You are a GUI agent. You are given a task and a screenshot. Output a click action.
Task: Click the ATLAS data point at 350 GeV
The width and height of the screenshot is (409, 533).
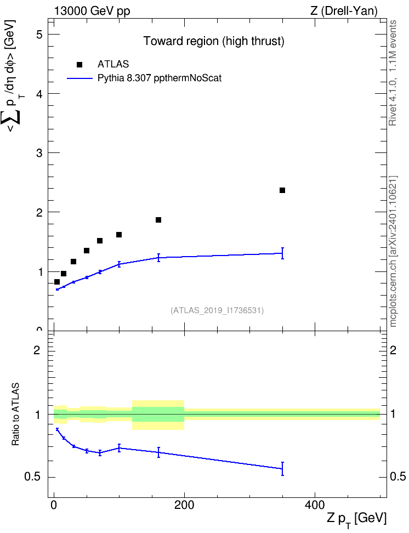[282, 190]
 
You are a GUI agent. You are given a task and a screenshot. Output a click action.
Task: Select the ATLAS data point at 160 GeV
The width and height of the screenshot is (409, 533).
[158, 220]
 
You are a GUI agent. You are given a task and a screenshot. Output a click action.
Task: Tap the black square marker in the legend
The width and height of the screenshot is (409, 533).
[79, 65]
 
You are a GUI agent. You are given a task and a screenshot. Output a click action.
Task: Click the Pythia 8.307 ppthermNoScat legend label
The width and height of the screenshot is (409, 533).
[160, 78]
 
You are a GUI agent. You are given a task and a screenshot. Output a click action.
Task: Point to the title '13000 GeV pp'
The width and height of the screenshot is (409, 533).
[92, 11]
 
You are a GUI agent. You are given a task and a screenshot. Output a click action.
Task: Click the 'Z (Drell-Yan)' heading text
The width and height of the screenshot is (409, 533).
[344, 11]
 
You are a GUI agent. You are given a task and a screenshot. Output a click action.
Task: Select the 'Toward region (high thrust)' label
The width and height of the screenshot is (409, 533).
[214, 41]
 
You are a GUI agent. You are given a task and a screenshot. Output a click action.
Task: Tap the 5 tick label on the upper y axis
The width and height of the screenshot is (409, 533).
[40, 35]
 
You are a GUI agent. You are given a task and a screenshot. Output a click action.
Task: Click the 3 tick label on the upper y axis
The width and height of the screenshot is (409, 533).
[40, 153]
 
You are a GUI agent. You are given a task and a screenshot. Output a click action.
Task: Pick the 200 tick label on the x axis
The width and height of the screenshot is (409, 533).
[184, 505]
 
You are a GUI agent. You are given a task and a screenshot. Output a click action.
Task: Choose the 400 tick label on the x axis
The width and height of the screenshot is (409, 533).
[315, 505]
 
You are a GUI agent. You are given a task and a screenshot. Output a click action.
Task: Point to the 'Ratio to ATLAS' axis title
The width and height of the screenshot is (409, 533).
[15, 415]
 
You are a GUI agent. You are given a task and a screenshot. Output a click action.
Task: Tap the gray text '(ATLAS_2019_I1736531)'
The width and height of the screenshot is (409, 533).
[217, 310]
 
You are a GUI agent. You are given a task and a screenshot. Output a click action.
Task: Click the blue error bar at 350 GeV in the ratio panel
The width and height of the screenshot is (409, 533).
[282, 469]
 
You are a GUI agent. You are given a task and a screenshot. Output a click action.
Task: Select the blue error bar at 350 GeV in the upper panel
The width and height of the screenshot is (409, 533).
[282, 253]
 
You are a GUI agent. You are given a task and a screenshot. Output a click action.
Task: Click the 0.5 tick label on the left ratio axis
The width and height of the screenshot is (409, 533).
[33, 477]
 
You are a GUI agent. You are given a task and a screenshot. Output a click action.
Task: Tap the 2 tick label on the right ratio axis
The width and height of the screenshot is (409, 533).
[393, 350]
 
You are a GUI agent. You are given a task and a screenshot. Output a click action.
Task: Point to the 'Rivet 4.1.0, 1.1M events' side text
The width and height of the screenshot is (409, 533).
[393, 73]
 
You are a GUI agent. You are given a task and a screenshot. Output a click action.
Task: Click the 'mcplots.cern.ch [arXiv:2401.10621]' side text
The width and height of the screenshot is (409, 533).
[393, 251]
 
